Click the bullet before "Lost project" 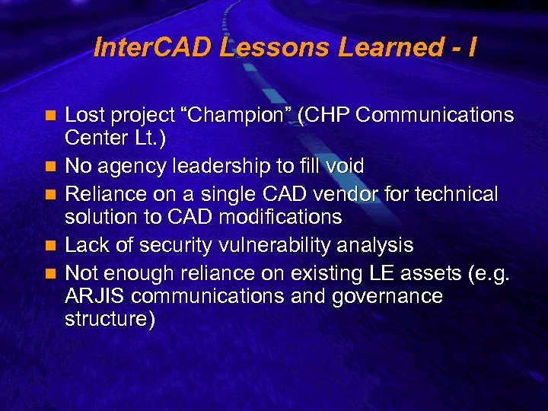(50, 116)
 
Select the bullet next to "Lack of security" (50, 246)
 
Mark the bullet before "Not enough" (50, 272)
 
